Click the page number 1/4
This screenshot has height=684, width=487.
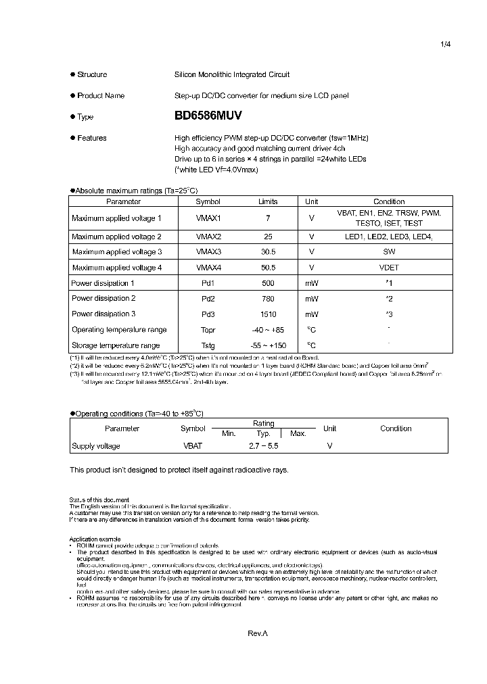pos(445,44)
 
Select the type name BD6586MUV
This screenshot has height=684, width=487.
pos(208,116)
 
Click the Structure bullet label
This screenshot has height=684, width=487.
pos(92,74)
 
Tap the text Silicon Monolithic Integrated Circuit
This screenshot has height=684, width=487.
pos(232,74)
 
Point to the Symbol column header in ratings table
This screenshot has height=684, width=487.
pos(208,201)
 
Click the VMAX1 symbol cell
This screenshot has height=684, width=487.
pos(208,218)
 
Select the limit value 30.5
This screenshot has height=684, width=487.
pos(268,252)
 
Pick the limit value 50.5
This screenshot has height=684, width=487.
pos(268,268)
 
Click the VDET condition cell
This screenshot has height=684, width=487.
pos(389,268)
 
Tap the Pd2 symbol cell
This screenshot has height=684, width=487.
pos(208,298)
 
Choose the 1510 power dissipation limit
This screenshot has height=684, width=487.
pos(268,314)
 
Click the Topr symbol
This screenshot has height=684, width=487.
pos(208,330)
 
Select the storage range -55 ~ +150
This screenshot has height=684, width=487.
pos(268,345)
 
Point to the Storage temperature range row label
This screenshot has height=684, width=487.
pos(116,345)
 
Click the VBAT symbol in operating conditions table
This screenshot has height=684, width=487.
pos(193,446)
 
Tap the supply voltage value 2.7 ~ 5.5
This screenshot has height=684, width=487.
pos(264,446)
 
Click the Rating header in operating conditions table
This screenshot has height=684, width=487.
pos(264,423)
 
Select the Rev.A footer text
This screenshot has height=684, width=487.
pos(258,633)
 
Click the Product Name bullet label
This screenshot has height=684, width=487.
pos(101,95)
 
